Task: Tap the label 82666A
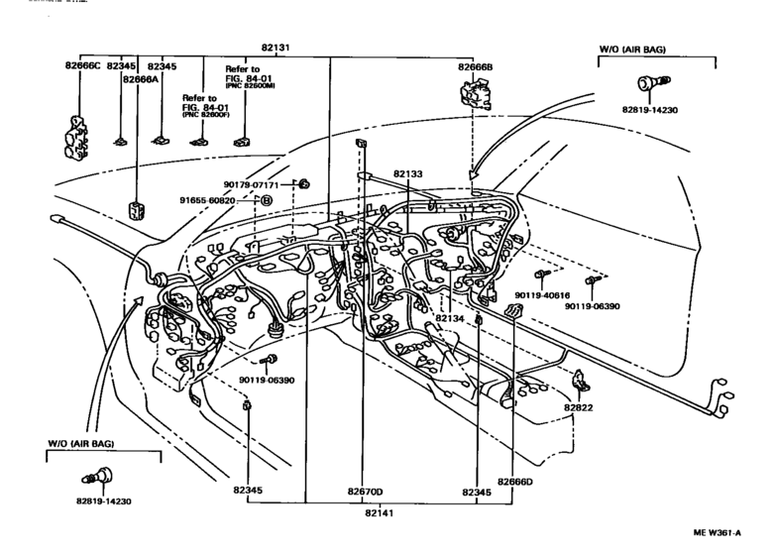coord(140,78)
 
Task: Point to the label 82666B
coord(478,66)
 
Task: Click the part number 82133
coord(407,173)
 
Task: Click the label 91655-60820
coord(207,200)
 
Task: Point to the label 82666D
coord(514,483)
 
